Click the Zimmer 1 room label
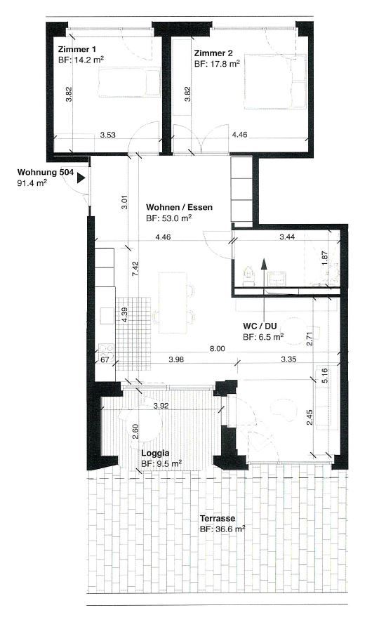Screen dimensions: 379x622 point(77,50)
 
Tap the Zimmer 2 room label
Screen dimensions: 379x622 point(213,53)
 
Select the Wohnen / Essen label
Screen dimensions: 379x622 point(179,207)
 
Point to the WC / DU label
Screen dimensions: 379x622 point(260,326)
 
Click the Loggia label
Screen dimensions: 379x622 point(155,453)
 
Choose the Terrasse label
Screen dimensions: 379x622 point(218,519)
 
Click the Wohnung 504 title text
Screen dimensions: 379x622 point(45,172)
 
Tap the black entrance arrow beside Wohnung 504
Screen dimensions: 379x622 point(81,178)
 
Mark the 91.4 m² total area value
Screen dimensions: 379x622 point(32,183)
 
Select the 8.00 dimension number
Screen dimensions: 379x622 point(218,349)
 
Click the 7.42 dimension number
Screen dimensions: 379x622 point(135,269)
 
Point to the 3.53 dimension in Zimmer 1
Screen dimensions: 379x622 point(108,135)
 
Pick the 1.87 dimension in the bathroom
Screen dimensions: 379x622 point(326,259)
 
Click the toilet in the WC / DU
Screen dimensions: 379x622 point(248,276)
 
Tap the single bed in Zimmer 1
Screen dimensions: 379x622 point(129,82)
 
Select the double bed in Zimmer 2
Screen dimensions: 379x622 point(275,81)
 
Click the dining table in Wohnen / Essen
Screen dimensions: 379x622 point(173,303)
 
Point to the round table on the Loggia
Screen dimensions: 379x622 point(143,425)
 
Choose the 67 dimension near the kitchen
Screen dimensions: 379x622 point(105,360)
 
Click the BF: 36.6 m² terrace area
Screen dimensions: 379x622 point(222,529)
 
